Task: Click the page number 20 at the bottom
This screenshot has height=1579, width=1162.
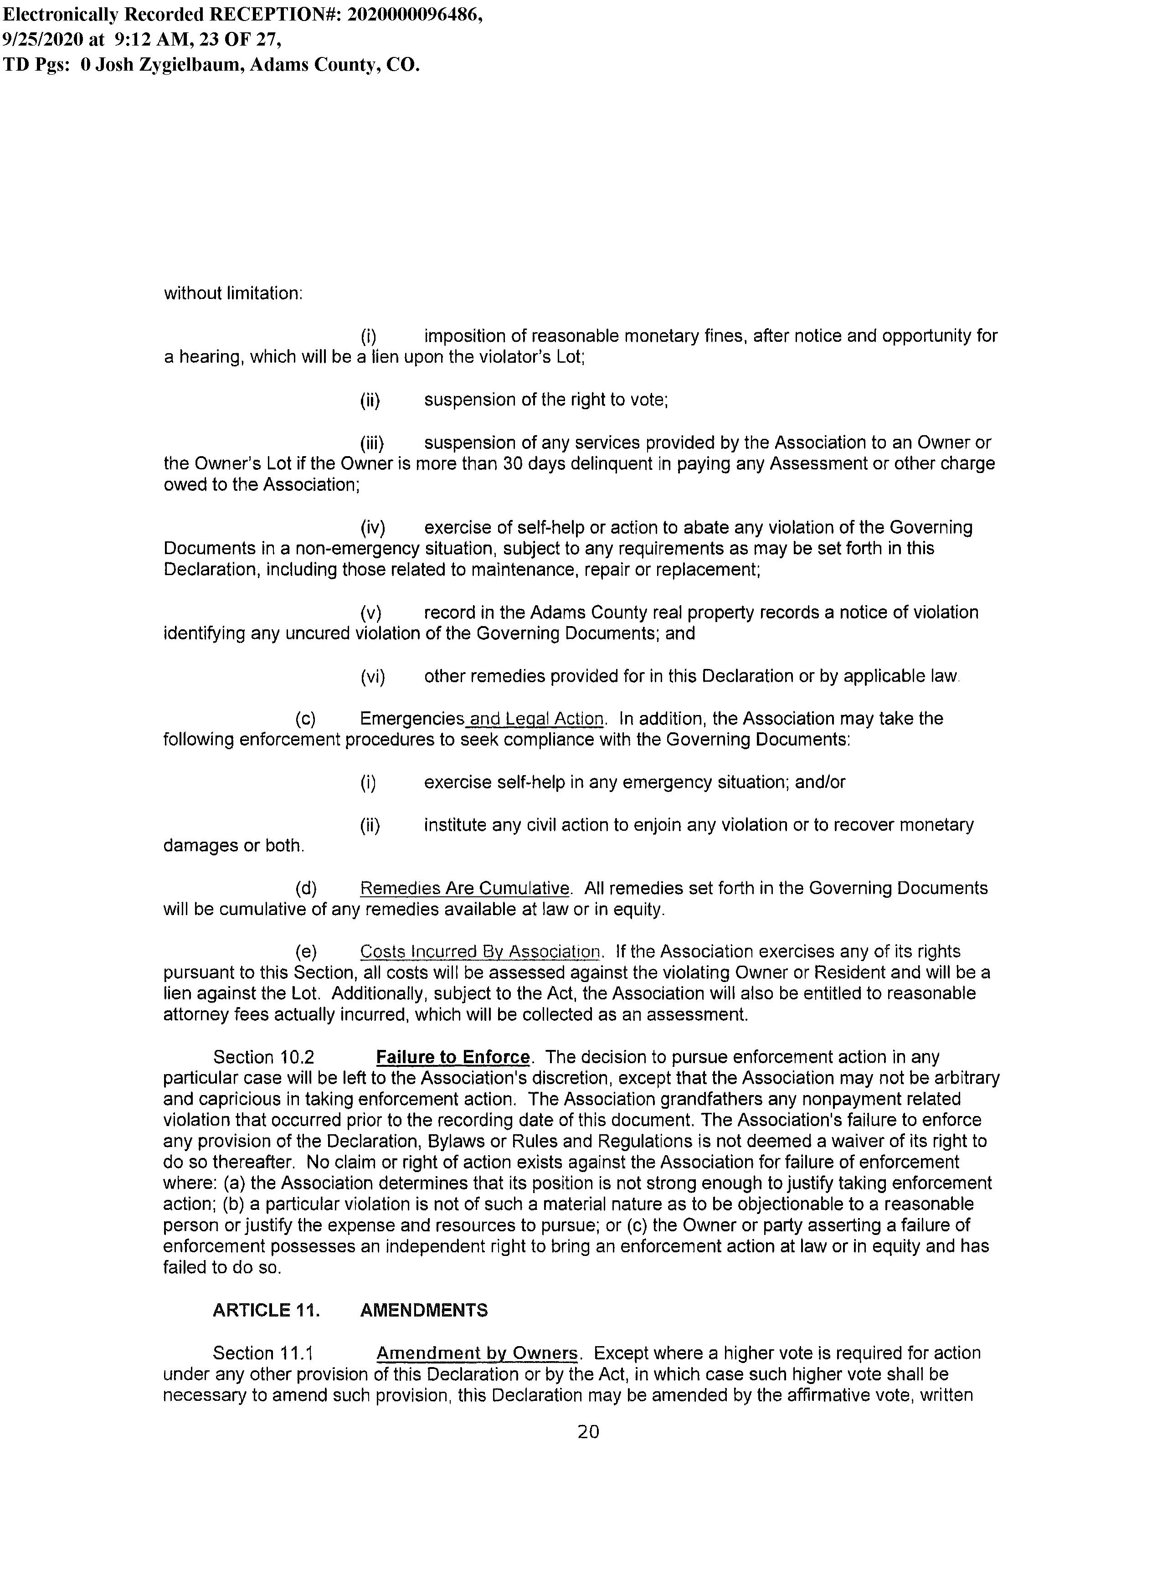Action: point(588,1431)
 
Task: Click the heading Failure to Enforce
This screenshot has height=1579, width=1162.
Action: point(452,1057)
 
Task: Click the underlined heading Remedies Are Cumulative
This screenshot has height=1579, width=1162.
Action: point(464,888)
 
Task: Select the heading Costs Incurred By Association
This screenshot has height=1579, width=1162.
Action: point(480,952)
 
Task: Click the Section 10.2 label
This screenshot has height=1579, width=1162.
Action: point(264,1057)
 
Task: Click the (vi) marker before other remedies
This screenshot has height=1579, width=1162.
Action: point(372,677)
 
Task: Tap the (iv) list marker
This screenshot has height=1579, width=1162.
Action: point(372,528)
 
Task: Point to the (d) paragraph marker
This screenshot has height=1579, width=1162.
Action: point(306,888)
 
